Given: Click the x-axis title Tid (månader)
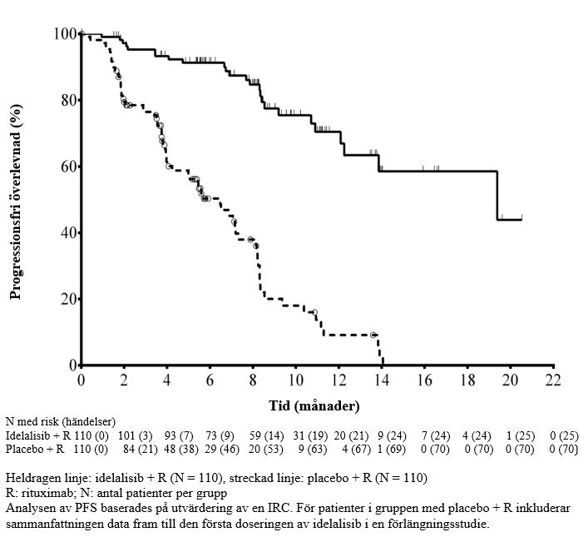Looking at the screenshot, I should tap(315, 406).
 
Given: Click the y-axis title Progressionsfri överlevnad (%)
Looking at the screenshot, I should tap(15, 201).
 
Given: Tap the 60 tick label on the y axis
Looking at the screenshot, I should tap(67, 167).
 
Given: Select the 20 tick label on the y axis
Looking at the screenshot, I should tap(67, 299).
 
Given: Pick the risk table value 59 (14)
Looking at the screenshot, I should tap(268, 436).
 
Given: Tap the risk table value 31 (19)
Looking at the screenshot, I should tap(310, 436).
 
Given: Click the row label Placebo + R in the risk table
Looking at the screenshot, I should tap(32, 450).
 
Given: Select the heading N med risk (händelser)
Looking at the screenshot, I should tap(60, 422).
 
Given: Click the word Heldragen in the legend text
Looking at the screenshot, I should tap(30, 478).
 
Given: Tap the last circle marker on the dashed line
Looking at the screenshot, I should tap(373, 335).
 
